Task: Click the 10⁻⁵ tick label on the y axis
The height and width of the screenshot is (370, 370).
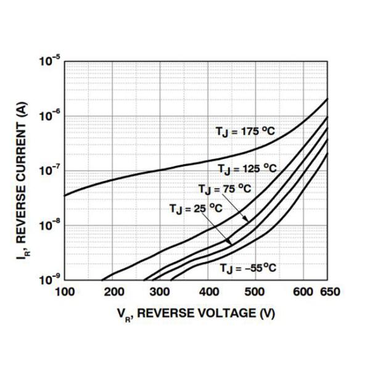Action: coord(49,61)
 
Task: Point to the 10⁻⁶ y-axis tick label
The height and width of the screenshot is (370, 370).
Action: coord(49,116)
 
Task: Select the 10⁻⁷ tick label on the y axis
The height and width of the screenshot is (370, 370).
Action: coord(49,171)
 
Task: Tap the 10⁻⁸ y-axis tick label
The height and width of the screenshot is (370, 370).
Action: coord(49,225)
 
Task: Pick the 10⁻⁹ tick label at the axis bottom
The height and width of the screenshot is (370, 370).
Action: coord(49,279)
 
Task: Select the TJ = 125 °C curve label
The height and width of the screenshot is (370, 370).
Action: coord(246,168)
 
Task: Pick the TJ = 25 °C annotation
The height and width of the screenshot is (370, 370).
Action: coord(195,208)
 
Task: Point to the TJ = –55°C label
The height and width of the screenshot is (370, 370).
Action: coord(247,268)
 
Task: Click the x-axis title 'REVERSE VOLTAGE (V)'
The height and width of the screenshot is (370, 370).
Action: coord(196,313)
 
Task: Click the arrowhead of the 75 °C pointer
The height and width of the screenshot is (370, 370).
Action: coord(249,221)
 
